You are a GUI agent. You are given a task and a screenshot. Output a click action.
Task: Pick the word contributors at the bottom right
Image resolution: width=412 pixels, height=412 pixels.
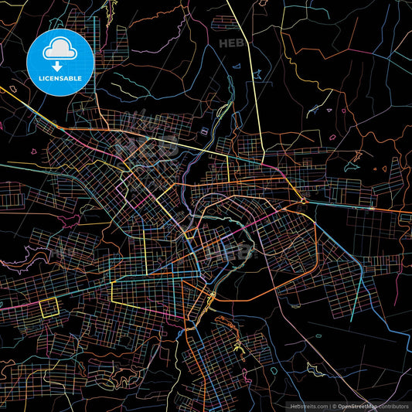click(393, 405)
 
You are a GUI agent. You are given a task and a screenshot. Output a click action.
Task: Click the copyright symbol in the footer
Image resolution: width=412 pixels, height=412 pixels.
click(334, 405)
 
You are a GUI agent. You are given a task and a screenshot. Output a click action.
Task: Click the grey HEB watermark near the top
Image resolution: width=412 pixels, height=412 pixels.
click(233, 44)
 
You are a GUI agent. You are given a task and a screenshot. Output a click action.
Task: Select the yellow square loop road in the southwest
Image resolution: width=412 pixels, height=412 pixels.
click(49, 308)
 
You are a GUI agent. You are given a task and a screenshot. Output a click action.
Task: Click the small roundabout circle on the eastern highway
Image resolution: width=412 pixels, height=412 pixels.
click(303, 202)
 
